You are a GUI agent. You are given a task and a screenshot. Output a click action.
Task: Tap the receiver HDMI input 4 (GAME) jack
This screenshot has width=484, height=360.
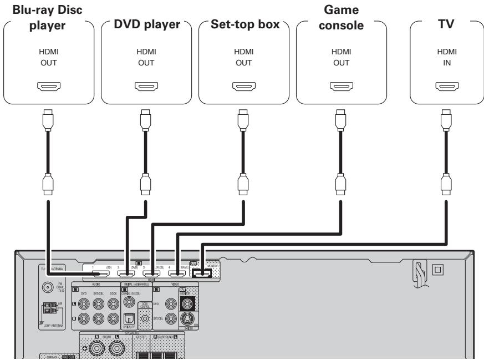tap(176, 273)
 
